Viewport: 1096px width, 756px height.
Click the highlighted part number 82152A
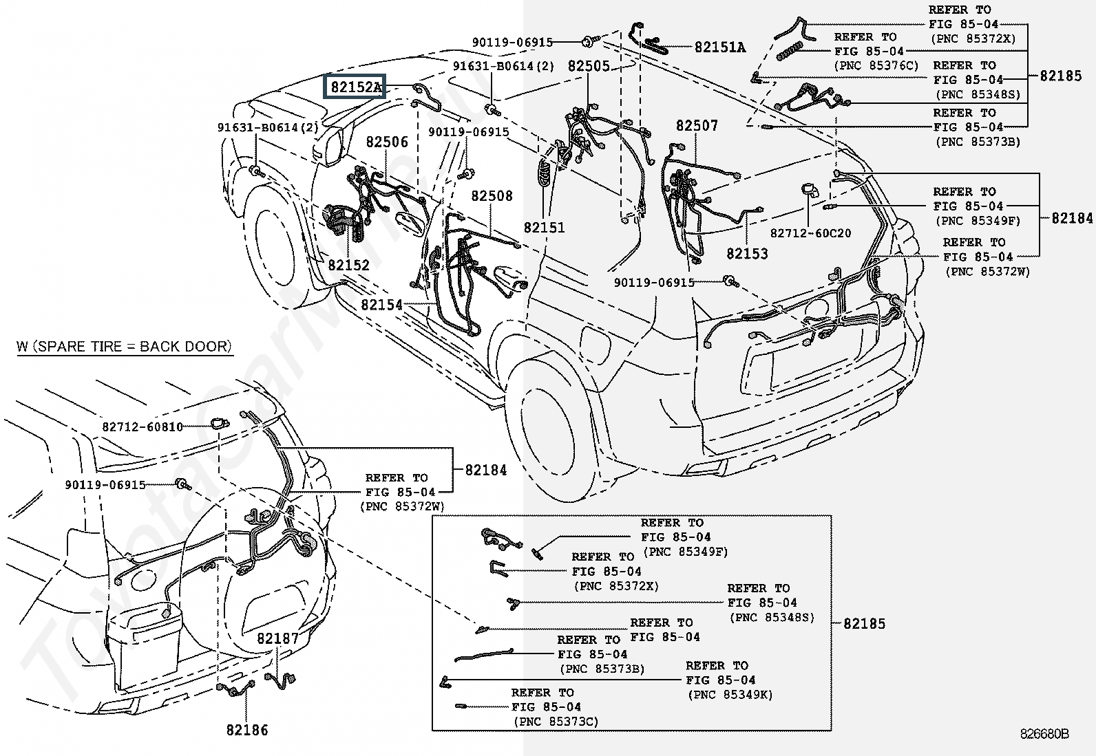(355, 87)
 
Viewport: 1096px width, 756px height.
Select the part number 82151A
(719, 47)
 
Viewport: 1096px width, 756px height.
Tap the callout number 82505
(589, 66)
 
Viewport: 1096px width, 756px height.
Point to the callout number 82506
(387, 142)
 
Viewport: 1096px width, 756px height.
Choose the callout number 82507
(697, 126)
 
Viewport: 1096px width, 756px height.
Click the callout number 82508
(492, 196)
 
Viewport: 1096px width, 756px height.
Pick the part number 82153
(747, 254)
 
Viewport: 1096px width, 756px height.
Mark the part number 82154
(381, 304)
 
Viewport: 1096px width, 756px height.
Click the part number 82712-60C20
(810, 233)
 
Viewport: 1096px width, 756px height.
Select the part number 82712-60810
(143, 426)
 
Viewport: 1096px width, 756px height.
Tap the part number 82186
(247, 730)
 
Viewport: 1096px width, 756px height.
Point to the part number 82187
(278, 638)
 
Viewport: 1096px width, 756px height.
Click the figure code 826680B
(1044, 734)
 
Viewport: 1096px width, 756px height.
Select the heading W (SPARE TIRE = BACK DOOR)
(124, 346)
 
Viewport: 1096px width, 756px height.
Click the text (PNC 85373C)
(556, 721)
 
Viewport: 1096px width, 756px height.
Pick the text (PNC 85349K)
(730, 695)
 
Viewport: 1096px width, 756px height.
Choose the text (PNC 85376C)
(876, 66)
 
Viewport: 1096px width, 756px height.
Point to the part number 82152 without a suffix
(348, 266)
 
